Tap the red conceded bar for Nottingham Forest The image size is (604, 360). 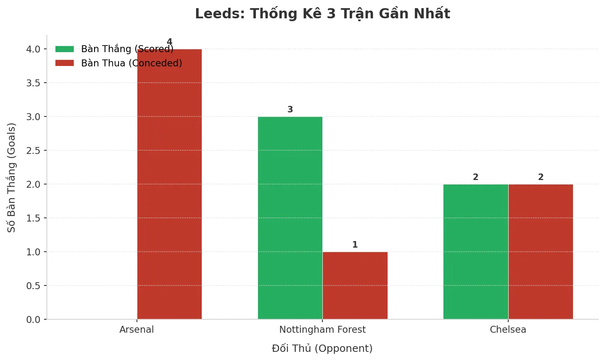355,285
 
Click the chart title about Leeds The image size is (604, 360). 322,14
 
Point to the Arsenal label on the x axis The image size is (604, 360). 137,329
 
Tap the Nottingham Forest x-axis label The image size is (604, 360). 322,329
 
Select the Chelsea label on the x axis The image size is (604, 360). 508,329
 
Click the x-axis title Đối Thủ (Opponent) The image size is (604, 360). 322,349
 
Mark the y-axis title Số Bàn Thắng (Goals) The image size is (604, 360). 11,178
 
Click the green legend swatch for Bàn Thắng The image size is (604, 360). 65,49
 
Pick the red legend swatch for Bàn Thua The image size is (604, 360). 65,63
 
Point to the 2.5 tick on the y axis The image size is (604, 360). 33,151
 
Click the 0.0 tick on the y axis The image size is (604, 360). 33,320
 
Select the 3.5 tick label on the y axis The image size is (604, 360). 33,83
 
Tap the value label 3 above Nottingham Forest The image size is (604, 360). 290,110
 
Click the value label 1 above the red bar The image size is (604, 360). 355,245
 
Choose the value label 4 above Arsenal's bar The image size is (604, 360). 170,42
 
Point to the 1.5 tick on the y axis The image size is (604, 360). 33,218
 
